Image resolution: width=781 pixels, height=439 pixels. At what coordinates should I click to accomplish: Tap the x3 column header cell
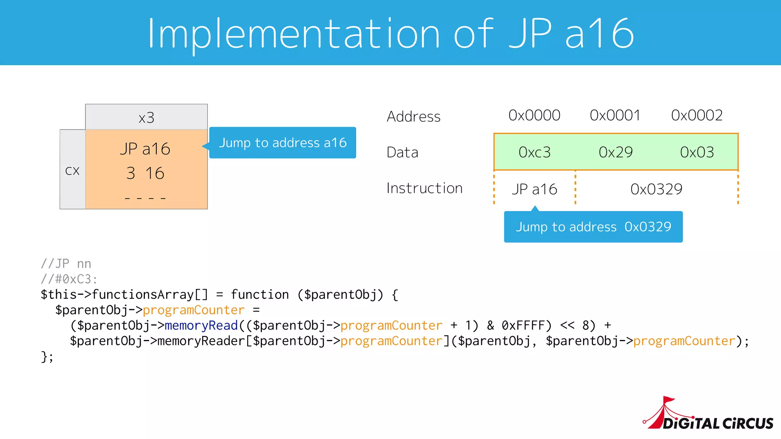click(146, 117)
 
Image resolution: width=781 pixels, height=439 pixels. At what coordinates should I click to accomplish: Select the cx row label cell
click(72, 170)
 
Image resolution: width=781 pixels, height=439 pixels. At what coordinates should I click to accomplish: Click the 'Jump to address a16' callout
click(283, 143)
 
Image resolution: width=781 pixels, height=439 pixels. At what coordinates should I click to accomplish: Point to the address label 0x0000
click(534, 115)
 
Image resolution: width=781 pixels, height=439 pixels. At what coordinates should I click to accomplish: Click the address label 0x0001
click(615, 115)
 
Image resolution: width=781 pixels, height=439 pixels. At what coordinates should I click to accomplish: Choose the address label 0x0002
click(697, 115)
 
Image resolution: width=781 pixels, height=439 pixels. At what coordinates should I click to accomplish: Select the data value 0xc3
click(535, 152)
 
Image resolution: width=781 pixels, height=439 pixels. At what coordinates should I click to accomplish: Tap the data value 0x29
click(615, 152)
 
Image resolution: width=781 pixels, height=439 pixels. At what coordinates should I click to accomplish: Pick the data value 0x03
click(697, 152)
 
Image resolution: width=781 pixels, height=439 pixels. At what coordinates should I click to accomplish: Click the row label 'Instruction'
click(424, 188)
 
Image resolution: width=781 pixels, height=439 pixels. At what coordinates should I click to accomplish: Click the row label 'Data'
click(402, 152)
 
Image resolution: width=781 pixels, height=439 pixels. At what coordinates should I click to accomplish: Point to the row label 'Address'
click(413, 116)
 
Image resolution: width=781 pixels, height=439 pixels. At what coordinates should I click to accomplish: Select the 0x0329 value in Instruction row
click(656, 189)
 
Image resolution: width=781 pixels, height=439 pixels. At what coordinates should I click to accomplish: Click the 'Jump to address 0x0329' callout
click(593, 227)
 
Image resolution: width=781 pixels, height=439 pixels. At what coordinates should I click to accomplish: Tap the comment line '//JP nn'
click(66, 264)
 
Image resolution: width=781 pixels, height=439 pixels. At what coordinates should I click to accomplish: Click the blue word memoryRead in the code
click(201, 325)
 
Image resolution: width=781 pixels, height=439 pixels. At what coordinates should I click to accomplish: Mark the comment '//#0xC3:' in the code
click(69, 279)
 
